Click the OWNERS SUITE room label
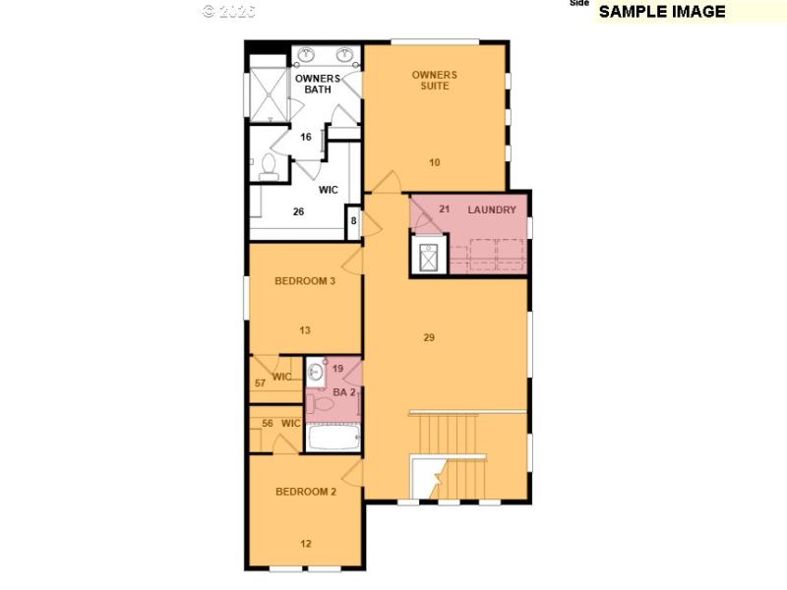(434, 80)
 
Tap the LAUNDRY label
(492, 209)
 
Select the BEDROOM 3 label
(305, 281)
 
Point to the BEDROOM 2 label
(306, 492)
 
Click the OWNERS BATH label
(318, 84)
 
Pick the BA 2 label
(342, 392)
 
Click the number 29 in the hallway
(429, 337)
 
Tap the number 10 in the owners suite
(435, 162)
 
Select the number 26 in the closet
(299, 211)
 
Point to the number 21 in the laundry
(444, 208)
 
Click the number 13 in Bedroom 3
(305, 330)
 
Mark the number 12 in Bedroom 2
(306, 543)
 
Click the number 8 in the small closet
(354, 221)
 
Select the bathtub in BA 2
(333, 437)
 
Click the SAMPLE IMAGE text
(662, 12)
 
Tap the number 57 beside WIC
(261, 383)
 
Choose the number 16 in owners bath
(306, 138)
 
